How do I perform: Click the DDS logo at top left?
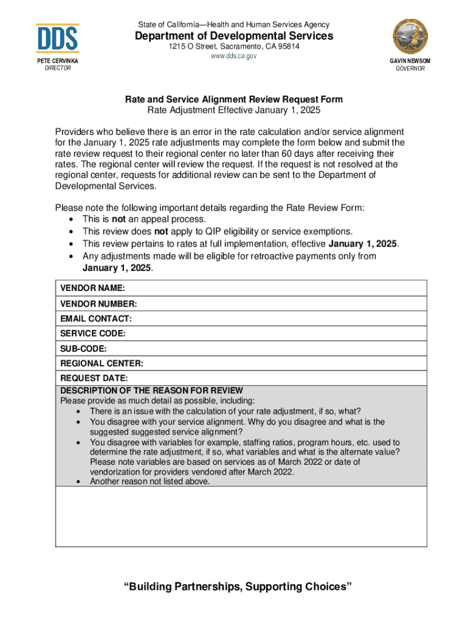[57, 38]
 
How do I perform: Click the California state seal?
[410, 38]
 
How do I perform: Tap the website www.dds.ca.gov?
[234, 56]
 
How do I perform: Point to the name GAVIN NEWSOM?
[410, 61]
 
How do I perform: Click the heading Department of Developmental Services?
[234, 36]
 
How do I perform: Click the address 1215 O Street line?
[234, 47]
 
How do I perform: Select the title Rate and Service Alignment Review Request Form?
[234, 99]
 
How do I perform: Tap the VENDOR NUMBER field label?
[98, 303]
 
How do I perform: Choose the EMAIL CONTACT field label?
[96, 318]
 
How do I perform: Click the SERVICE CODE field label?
[93, 333]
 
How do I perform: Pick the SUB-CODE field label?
[83, 349]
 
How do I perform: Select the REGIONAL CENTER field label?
[102, 364]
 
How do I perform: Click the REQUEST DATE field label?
[94, 378]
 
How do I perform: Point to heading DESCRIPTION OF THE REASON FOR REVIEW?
[151, 391]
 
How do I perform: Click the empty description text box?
[241, 516]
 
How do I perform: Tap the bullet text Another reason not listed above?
[150, 482]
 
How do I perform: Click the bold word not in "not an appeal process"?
[119, 219]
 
